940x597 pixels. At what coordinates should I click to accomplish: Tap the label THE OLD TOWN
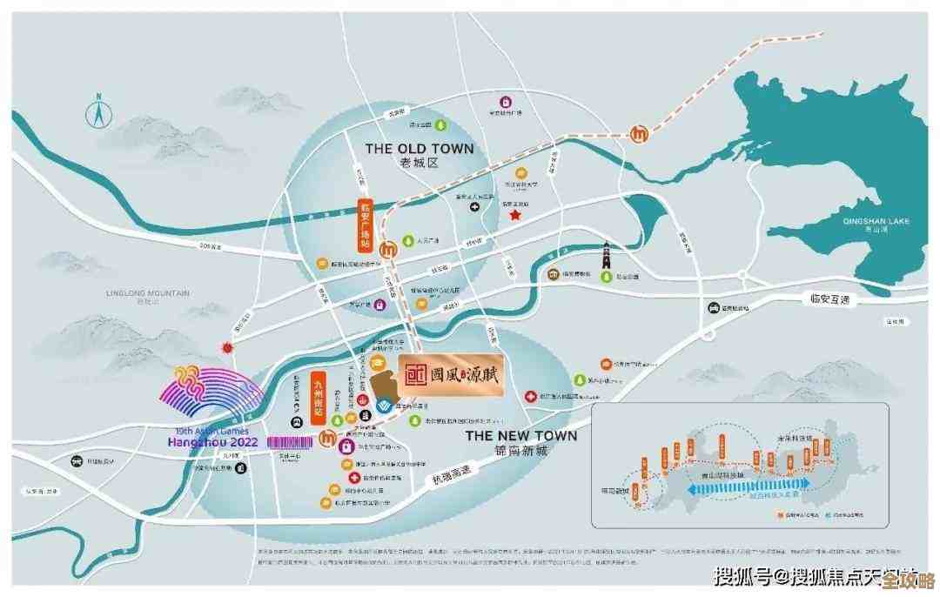pyautogui.click(x=420, y=149)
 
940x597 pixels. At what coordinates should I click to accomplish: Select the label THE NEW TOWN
pyautogui.click(x=520, y=435)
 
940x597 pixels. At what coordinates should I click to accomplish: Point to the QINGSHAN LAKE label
pyautogui.click(x=876, y=221)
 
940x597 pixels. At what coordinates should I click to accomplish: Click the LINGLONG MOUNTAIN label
pyautogui.click(x=147, y=293)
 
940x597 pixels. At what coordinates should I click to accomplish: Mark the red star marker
pyautogui.click(x=515, y=213)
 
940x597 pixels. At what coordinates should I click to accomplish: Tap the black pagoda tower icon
pyautogui.click(x=606, y=257)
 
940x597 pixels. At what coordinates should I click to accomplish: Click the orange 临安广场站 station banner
pyautogui.click(x=366, y=224)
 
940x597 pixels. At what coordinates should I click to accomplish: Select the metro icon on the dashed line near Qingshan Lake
pyautogui.click(x=639, y=135)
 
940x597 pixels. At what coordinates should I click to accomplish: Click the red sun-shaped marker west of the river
pyautogui.click(x=229, y=348)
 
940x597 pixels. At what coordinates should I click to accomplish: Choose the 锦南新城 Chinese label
pyautogui.click(x=520, y=451)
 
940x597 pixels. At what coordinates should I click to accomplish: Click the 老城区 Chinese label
pyautogui.click(x=420, y=164)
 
